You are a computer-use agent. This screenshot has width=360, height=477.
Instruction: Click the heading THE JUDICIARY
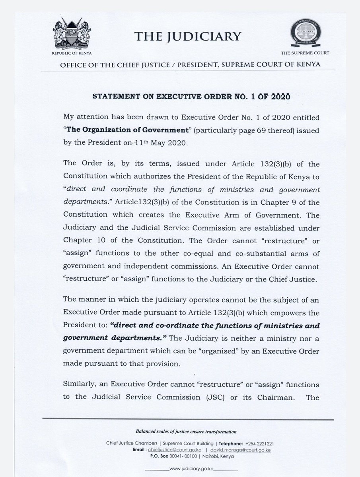[x=188, y=37]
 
